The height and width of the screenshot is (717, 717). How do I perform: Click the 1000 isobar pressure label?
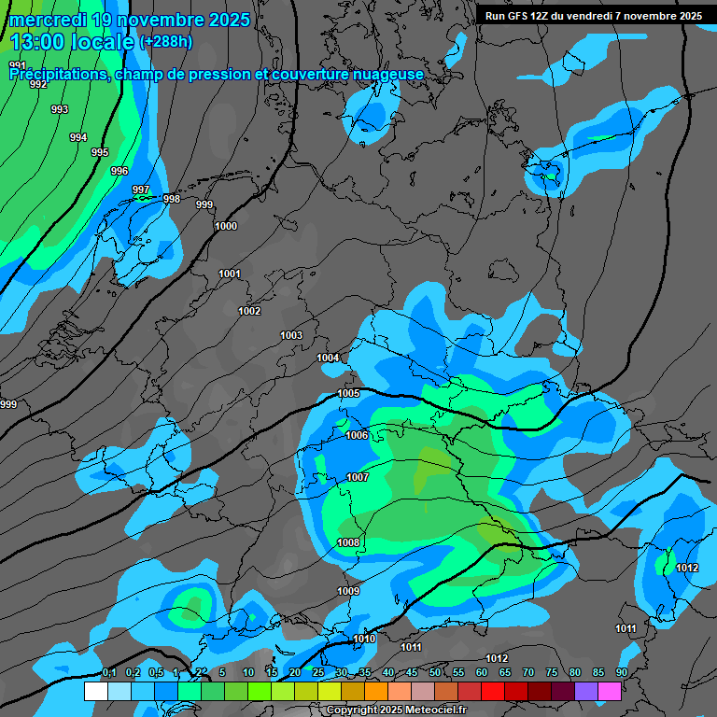pyautogui.click(x=226, y=226)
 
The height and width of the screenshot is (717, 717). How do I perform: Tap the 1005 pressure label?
pyautogui.click(x=348, y=393)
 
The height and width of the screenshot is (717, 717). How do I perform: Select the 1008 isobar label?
pyautogui.click(x=348, y=542)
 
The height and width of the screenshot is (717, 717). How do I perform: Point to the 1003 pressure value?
pyautogui.click(x=291, y=335)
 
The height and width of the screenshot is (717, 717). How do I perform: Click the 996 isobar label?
pyautogui.click(x=119, y=171)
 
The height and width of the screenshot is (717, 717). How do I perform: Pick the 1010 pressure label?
pyautogui.click(x=364, y=639)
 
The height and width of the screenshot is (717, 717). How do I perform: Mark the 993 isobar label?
pyautogui.click(x=60, y=109)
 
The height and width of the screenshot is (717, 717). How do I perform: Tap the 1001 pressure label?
pyautogui.click(x=230, y=274)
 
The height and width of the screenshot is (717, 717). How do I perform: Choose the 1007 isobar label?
pyautogui.click(x=358, y=477)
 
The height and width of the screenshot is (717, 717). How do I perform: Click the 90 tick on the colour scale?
pyautogui.click(x=621, y=672)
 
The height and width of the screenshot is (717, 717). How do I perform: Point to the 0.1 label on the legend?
pyautogui.click(x=109, y=672)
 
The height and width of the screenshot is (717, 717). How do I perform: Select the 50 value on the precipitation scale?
pyautogui.click(x=435, y=672)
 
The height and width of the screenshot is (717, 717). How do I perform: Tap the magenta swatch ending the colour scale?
pyautogui.click(x=610, y=691)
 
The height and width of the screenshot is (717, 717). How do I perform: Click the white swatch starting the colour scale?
pyautogui.click(x=95, y=691)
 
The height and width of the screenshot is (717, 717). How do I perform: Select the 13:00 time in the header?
pyautogui.click(x=36, y=41)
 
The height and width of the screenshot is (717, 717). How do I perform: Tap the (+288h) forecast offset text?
pyautogui.click(x=165, y=42)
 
